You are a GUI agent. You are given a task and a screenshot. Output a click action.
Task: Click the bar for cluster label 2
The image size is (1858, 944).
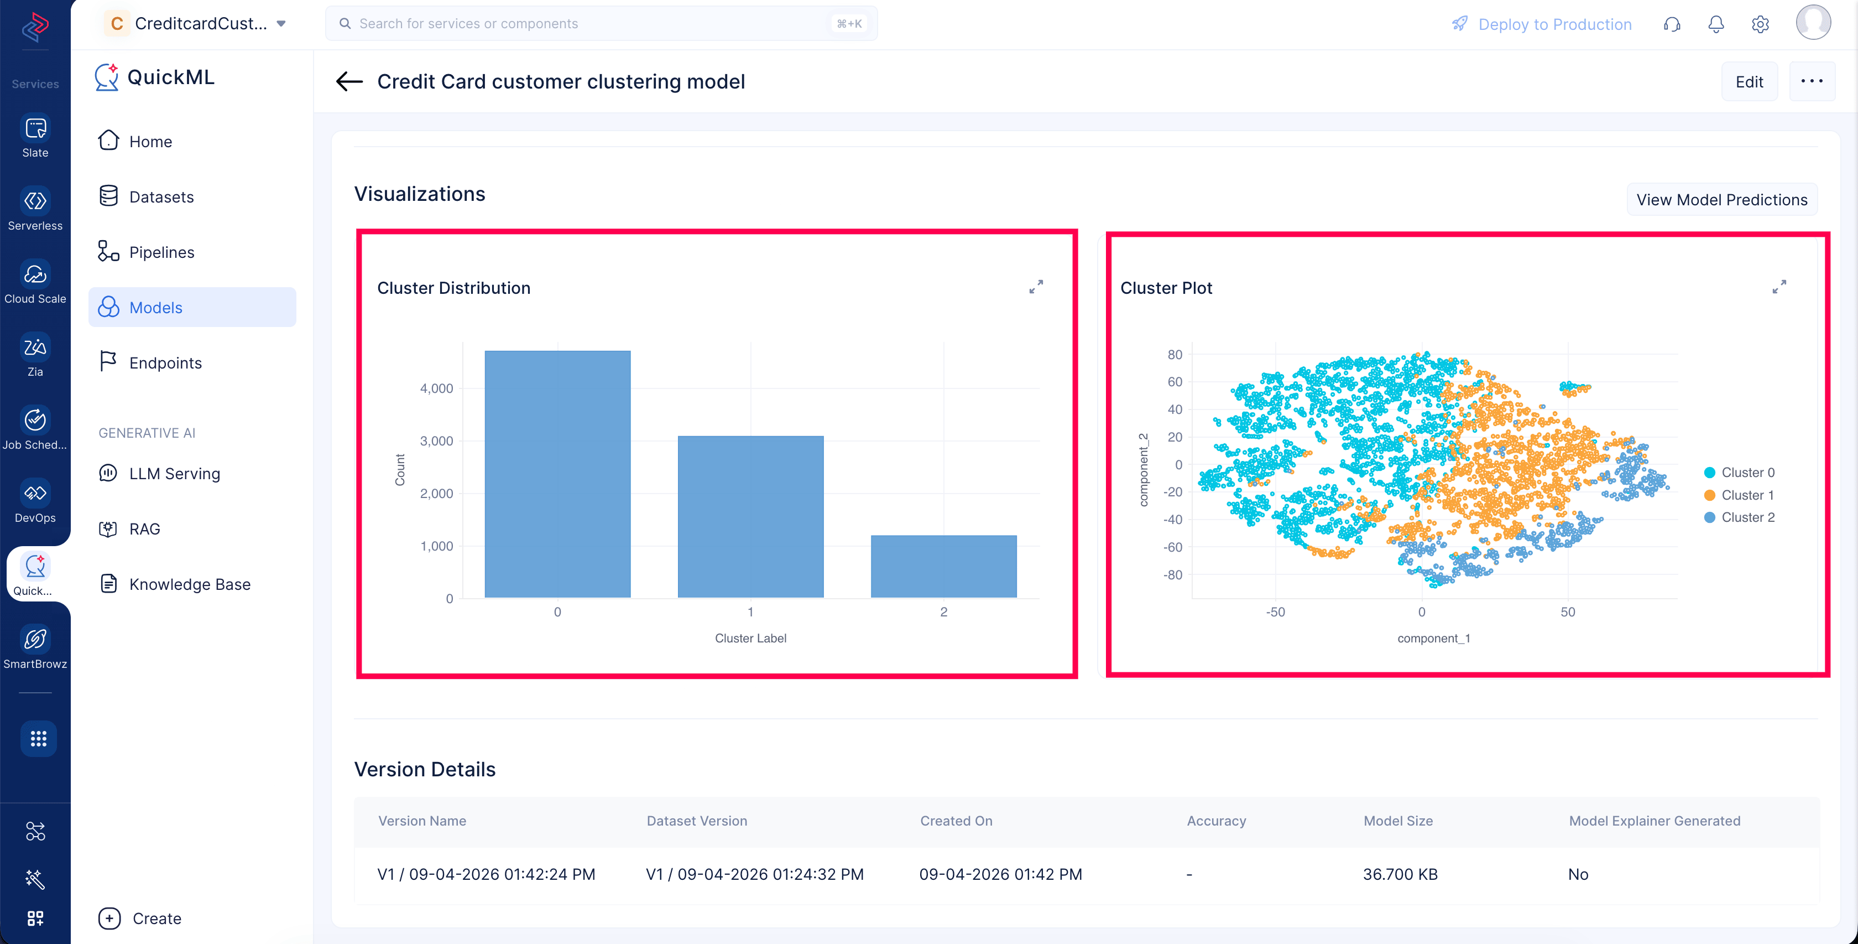943,567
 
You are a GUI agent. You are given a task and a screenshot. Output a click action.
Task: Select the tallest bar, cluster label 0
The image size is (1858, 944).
557,474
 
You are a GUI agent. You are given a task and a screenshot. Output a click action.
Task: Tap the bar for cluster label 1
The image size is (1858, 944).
751,517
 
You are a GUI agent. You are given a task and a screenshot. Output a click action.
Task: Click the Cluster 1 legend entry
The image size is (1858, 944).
1739,495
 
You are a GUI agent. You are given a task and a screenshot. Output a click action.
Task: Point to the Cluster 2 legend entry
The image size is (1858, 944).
1739,517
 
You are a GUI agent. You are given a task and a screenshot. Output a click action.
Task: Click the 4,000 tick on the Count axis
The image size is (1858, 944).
436,388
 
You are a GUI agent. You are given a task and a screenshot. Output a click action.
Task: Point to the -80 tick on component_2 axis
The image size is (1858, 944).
1173,575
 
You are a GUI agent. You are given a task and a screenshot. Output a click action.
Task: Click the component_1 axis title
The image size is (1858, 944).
1434,639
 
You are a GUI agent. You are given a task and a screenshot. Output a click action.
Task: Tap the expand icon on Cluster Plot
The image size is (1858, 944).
1779,287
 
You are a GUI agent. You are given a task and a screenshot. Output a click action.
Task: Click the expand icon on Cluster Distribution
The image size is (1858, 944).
1036,287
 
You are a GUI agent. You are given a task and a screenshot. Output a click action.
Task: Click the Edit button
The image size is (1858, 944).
1749,81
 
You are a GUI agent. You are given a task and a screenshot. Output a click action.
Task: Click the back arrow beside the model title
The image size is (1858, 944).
349,81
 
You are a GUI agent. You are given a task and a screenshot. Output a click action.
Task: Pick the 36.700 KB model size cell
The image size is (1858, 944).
1400,874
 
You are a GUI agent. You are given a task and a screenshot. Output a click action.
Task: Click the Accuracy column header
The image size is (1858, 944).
1216,821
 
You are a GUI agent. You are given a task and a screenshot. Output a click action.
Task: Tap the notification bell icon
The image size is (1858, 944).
1716,24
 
